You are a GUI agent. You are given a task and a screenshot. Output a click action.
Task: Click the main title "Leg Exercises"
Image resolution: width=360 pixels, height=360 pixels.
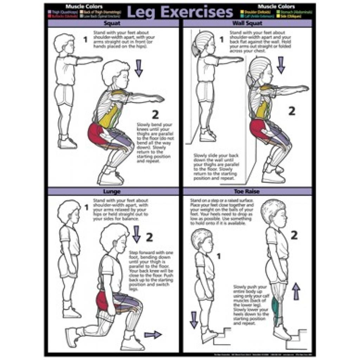point(180,12)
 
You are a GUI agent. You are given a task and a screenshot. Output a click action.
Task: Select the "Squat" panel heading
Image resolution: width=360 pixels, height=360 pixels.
point(112,24)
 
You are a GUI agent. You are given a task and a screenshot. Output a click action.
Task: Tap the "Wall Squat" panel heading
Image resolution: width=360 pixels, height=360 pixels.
point(247,24)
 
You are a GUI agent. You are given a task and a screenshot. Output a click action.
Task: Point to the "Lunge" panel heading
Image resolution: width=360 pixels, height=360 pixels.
point(112,192)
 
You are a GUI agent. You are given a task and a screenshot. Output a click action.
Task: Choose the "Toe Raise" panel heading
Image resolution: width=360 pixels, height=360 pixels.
point(247,192)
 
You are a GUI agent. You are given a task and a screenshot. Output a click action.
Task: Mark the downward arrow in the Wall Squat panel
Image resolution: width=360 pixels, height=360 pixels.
point(281,65)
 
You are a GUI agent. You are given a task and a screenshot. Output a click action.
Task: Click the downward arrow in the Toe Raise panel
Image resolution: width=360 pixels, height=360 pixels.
point(194,319)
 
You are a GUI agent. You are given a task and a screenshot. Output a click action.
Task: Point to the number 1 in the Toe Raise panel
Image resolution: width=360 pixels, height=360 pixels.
point(218,256)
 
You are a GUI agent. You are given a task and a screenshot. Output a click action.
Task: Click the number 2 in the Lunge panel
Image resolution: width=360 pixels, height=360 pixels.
point(149,237)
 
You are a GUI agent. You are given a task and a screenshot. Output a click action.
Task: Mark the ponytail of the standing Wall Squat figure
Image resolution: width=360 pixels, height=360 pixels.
point(195,50)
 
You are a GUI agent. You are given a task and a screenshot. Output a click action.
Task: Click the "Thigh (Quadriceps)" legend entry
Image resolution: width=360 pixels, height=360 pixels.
point(62,12)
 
